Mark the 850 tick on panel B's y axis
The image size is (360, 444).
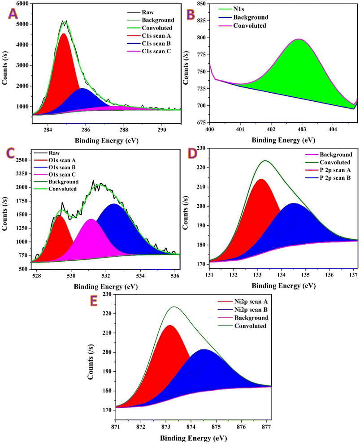click(x=200, y=4)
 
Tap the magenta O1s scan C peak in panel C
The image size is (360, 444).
click(x=91, y=240)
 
